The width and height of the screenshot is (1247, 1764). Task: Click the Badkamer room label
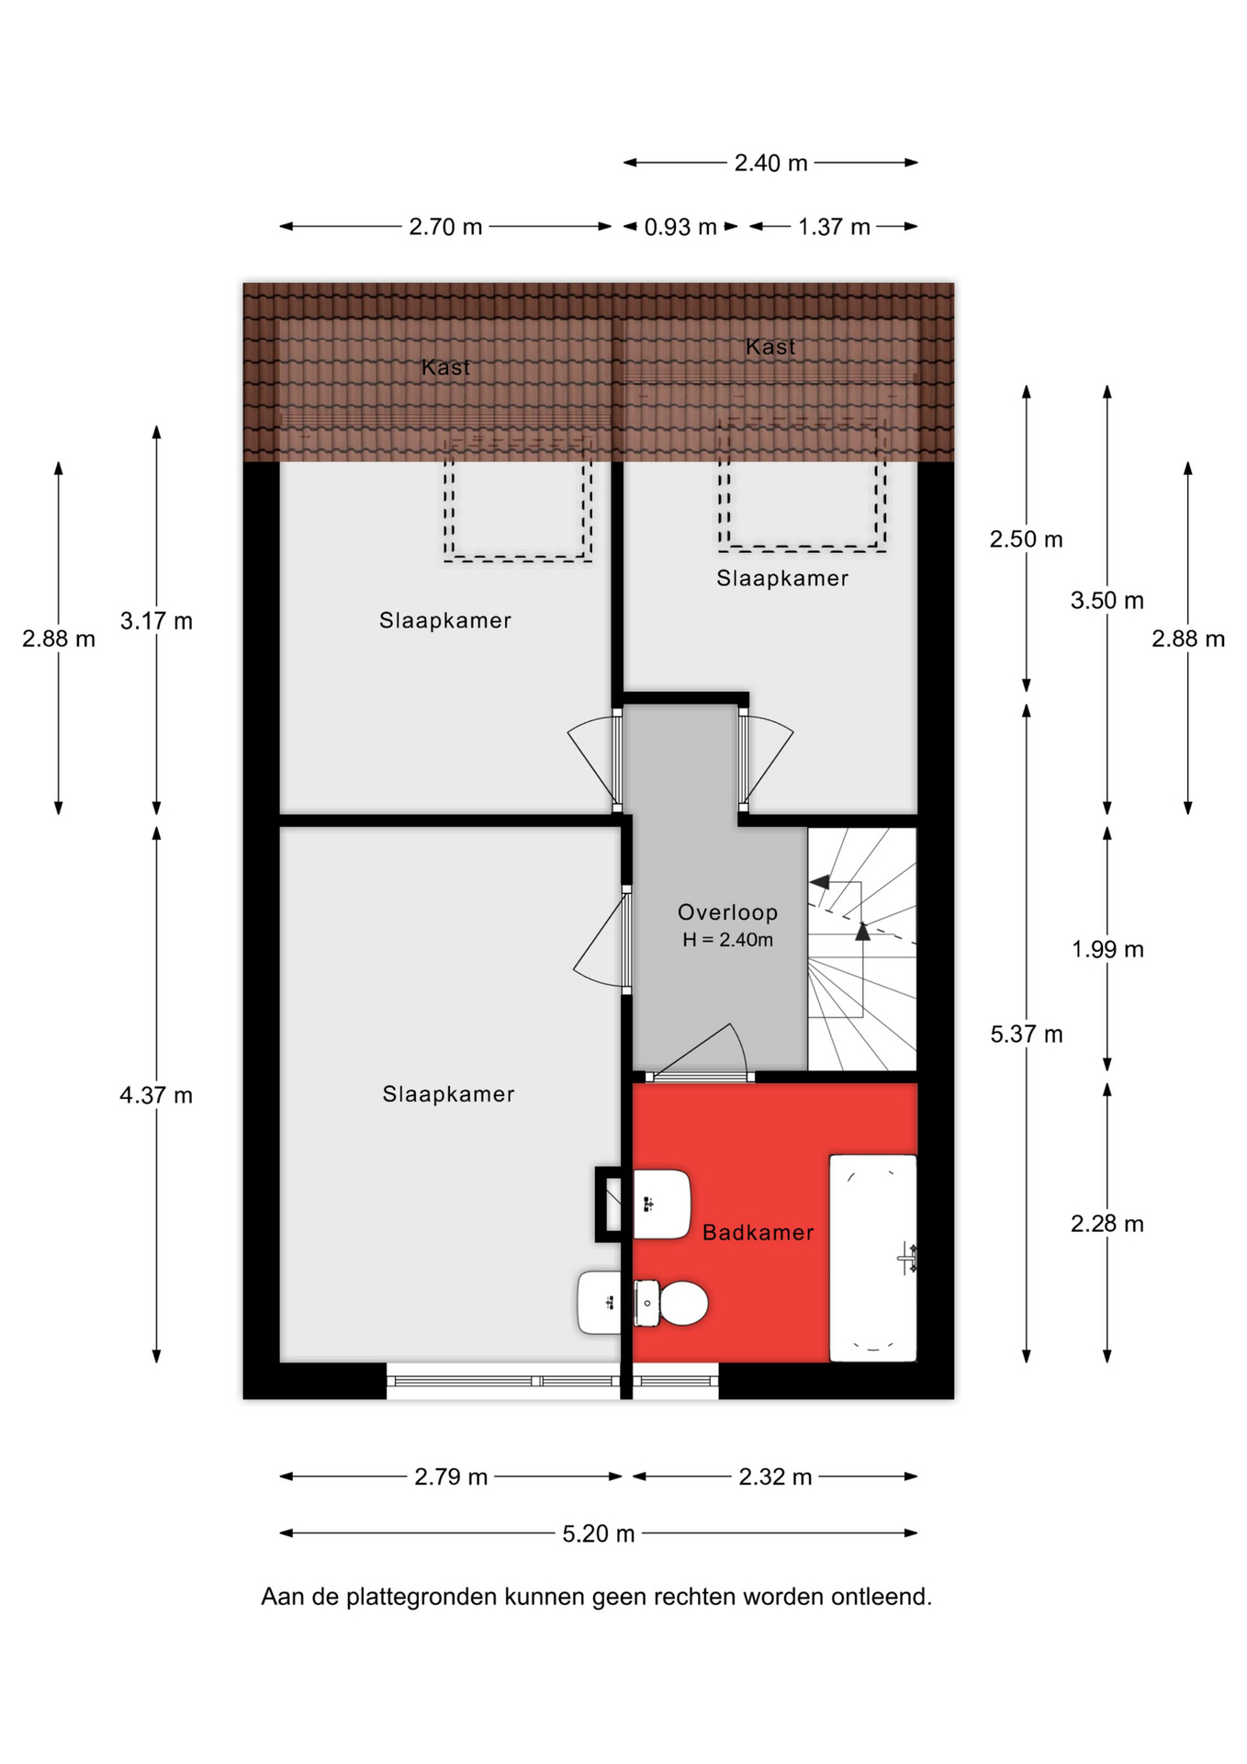(758, 1233)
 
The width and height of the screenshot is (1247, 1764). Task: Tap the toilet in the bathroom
(671, 1303)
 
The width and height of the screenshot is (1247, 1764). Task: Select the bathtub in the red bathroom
(873, 1258)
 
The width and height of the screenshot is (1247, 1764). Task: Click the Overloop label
(727, 912)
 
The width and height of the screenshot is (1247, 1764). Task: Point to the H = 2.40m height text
(727, 940)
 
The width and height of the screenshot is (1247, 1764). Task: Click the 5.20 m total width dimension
(599, 1533)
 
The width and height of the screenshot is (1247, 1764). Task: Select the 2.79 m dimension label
(451, 1476)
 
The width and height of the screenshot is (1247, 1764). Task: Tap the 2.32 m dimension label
(775, 1476)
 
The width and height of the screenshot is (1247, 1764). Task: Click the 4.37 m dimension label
(156, 1095)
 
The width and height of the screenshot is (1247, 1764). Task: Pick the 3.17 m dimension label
(156, 621)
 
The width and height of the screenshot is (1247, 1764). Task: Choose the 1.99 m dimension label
(1107, 949)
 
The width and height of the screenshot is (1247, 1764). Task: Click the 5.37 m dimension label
(1027, 1035)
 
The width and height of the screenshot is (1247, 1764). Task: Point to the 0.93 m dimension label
(680, 227)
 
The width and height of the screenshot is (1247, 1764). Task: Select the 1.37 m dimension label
(834, 227)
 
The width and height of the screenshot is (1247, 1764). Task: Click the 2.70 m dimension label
(445, 227)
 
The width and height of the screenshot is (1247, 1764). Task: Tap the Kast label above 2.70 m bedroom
(445, 367)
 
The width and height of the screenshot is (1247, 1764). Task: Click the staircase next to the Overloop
(862, 949)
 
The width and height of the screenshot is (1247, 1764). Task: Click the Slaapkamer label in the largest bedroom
(448, 1094)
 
